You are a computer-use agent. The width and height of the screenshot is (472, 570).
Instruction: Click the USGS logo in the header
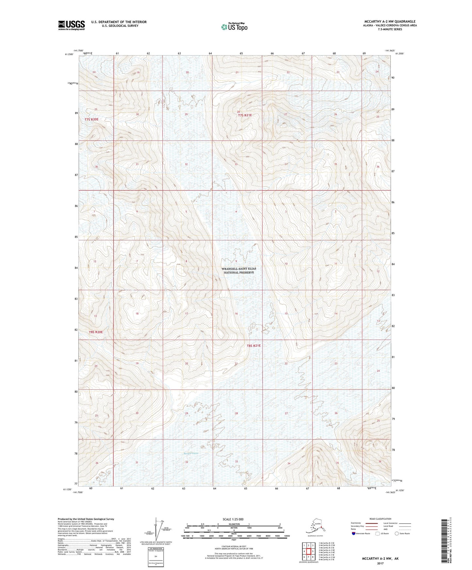point(71,25)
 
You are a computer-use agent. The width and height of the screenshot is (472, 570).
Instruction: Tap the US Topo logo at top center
point(234,26)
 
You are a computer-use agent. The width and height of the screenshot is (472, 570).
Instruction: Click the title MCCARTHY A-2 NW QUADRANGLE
point(390,22)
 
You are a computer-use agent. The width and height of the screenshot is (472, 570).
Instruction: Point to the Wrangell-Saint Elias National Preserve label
point(239,270)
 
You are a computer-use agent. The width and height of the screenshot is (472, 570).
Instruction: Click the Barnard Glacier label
point(191,453)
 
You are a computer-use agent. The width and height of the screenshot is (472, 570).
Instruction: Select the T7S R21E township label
point(245,115)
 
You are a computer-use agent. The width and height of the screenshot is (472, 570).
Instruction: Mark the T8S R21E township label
point(254,345)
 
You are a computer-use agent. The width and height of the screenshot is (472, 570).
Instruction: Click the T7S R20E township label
point(91,119)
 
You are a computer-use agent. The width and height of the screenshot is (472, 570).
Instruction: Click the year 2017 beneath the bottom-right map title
point(380,563)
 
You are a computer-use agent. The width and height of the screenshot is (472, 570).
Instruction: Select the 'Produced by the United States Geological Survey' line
point(86,519)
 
